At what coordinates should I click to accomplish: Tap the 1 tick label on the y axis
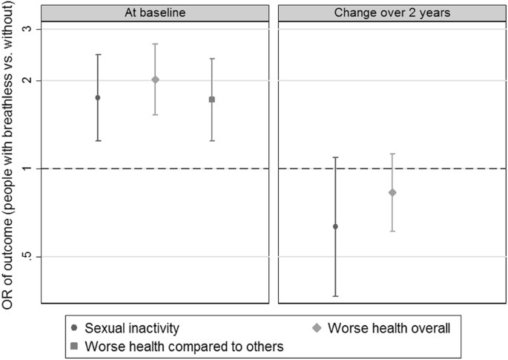pos(27,168)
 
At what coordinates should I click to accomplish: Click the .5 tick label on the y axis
pos(26,257)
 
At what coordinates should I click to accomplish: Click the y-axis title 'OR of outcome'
pos(10,167)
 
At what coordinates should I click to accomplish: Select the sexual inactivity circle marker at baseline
pos(98,97)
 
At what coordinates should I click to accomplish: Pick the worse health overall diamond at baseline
pos(155,79)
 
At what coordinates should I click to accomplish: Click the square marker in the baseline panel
pos(212,99)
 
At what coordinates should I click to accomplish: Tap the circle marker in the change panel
pos(335,226)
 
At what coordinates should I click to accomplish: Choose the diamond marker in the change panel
pos(392,192)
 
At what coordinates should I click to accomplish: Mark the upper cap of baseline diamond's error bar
pos(155,44)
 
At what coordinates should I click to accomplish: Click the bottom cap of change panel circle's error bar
pos(335,296)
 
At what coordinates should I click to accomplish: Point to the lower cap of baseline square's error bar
pos(212,141)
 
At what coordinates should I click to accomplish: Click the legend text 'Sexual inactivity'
pos(131,327)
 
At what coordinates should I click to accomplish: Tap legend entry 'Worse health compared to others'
pos(185,346)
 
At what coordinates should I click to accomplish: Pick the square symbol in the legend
pos(74,346)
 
